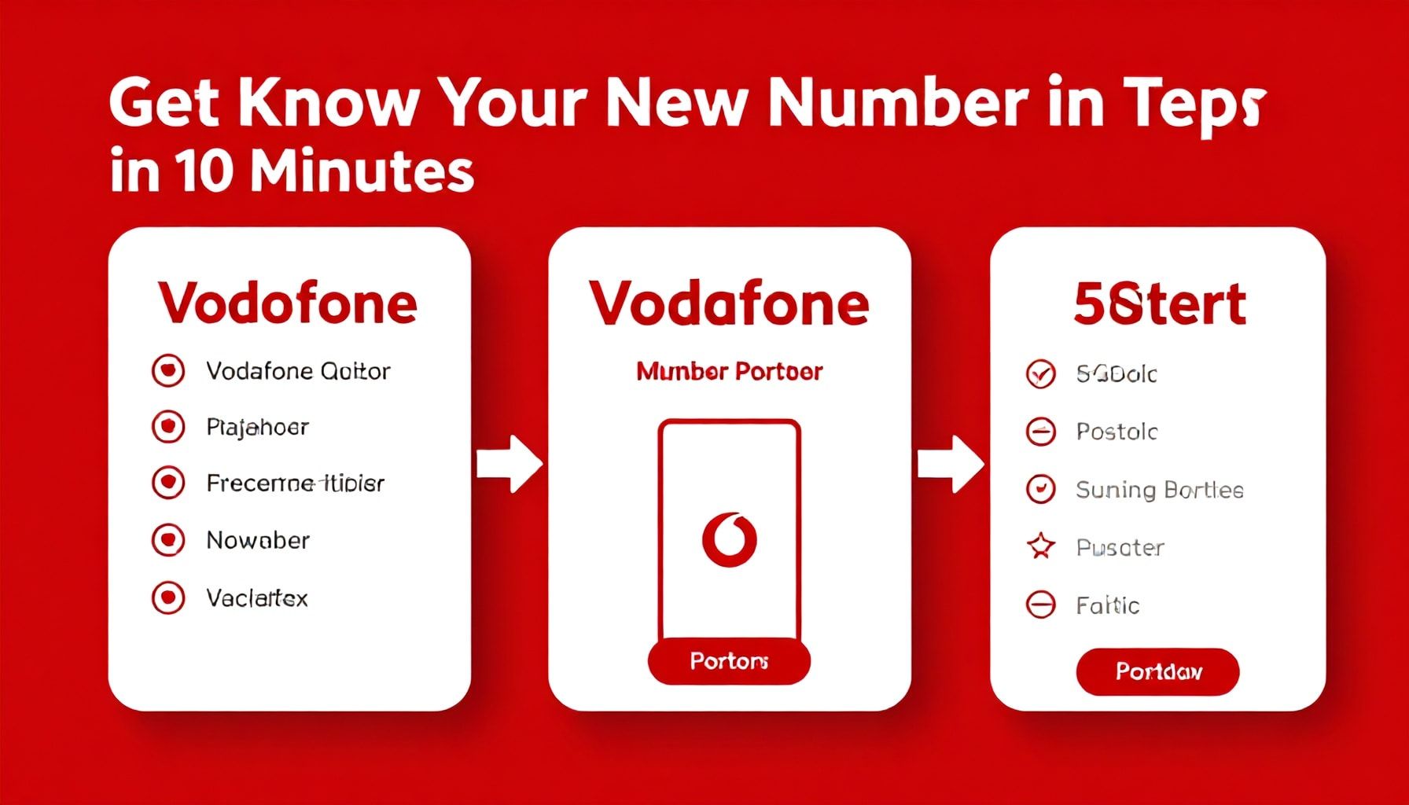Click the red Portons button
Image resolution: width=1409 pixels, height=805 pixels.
tap(729, 661)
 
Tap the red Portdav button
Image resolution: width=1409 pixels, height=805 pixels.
tap(1157, 671)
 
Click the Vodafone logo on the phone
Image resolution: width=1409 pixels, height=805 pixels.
tap(729, 539)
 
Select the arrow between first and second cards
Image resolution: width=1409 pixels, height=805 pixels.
tap(510, 464)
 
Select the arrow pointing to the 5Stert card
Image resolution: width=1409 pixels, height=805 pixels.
tap(951, 464)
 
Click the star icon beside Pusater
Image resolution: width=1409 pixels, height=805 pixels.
tap(1041, 546)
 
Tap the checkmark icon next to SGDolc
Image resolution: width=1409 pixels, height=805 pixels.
tap(1041, 374)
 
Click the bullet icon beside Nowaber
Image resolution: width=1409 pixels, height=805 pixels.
tap(168, 540)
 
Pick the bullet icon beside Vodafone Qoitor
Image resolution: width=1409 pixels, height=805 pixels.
tap(168, 370)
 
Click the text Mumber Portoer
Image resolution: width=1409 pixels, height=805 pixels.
tap(729, 371)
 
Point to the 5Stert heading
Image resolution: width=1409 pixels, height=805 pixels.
tap(1159, 304)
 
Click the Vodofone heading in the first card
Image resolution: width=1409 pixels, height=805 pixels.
tap(288, 303)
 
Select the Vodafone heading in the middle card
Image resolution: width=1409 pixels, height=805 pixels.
tap(729, 303)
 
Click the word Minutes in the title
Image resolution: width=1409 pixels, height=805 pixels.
tap(362, 171)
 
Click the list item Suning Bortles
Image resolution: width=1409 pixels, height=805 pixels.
tap(1159, 490)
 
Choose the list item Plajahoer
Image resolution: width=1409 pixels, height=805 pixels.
tap(257, 427)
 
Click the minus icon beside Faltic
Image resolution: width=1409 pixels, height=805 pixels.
tap(1041, 605)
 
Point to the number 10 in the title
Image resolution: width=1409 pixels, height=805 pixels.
tap(204, 171)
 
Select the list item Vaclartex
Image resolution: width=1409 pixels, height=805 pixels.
tap(257, 598)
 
